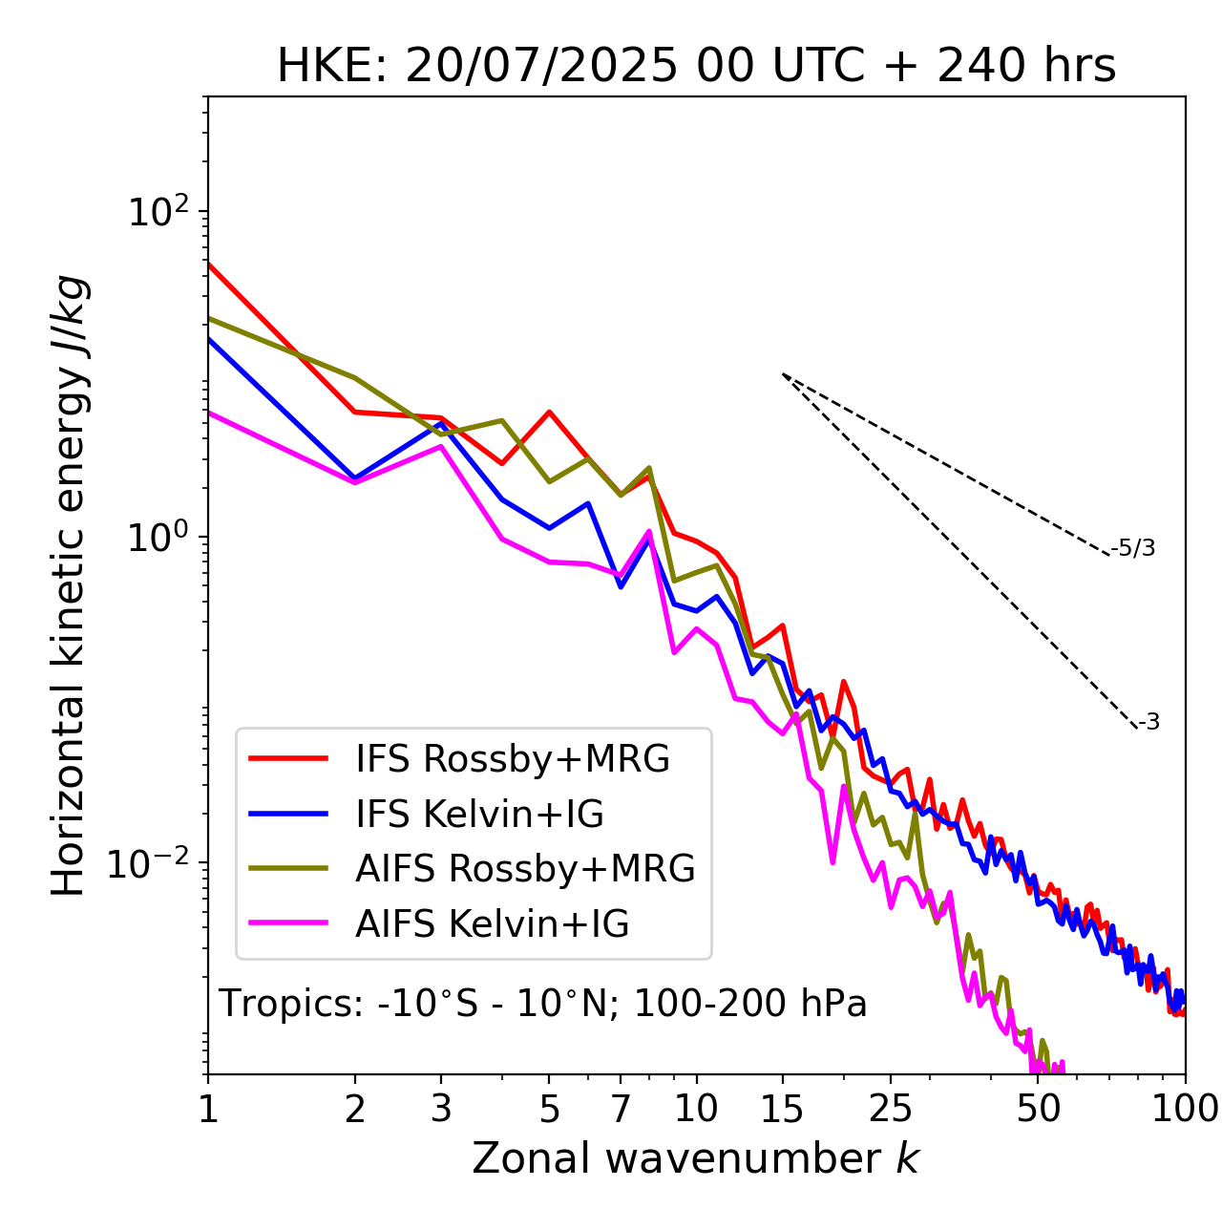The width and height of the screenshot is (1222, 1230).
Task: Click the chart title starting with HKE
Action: coord(696,67)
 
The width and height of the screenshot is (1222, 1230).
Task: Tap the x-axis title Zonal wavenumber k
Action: coord(695,1158)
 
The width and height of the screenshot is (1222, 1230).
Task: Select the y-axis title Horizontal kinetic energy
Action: coord(69,585)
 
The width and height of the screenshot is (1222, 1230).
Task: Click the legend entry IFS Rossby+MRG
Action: coord(513,759)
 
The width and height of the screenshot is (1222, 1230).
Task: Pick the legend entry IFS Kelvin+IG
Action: coord(479,815)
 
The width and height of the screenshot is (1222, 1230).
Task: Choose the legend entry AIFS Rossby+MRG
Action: coord(525,869)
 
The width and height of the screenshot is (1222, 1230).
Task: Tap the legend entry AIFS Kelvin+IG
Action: coord(492,924)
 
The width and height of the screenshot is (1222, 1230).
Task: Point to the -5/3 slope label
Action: coord(1133,549)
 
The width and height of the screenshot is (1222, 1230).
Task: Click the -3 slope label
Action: coord(1148,723)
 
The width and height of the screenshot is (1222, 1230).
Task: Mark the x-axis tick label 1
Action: coord(208,1110)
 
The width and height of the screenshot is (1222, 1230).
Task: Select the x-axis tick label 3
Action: coord(441,1110)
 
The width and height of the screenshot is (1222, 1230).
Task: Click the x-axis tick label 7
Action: coord(621,1110)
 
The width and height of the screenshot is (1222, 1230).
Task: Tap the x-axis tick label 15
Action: coord(782,1110)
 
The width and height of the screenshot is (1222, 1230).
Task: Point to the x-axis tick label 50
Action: coord(1039,1110)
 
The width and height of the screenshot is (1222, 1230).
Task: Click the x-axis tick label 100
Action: coord(1185,1110)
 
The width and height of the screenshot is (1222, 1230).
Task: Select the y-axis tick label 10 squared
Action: coord(158,212)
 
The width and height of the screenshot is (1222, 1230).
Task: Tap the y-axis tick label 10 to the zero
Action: coord(158,538)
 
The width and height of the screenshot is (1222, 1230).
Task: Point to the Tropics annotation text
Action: coord(543,1004)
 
